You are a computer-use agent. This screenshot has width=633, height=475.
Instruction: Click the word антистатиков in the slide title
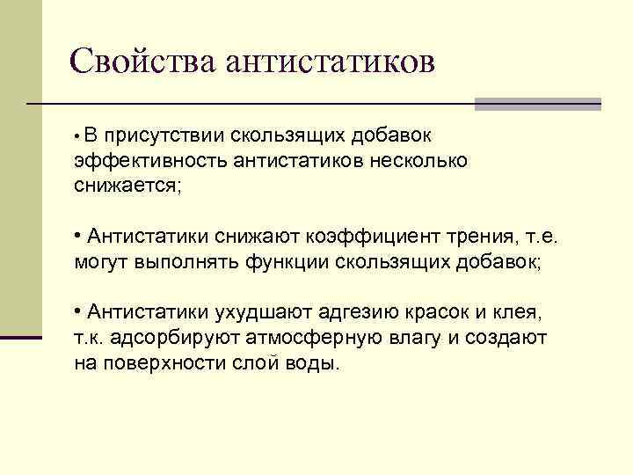(331, 62)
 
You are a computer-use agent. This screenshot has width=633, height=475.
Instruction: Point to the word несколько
(423, 161)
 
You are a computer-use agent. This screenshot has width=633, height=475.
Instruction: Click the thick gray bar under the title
(537, 104)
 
